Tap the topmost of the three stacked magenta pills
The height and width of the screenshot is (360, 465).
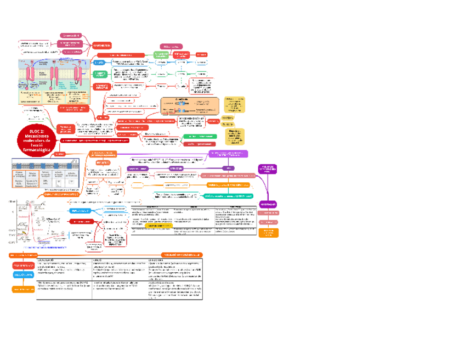point(70,35)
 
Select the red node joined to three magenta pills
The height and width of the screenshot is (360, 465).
point(102,45)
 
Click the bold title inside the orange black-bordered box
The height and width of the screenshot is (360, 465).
point(181,99)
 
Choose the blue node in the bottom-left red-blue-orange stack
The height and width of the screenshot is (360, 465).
point(24,274)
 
